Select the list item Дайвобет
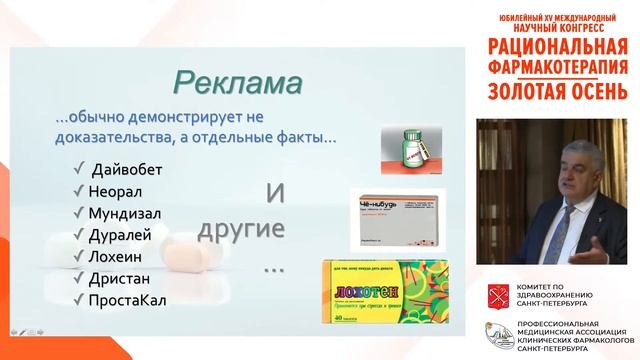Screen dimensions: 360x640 tap(126, 167)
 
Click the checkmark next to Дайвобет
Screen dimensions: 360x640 tap(78, 167)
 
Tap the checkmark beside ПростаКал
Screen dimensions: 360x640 tap(78, 299)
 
